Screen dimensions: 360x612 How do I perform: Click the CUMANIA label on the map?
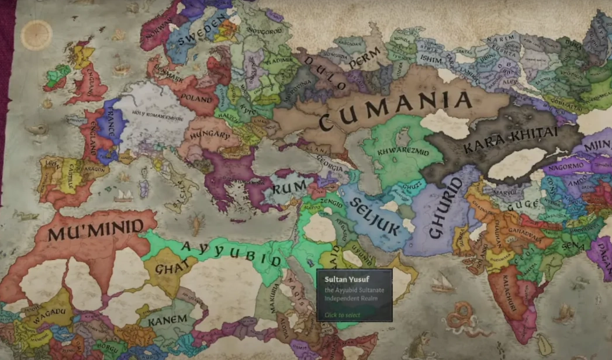(x=395, y=108)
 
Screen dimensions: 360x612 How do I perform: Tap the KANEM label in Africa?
(x=167, y=319)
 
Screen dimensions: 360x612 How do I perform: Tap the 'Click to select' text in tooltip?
(x=343, y=314)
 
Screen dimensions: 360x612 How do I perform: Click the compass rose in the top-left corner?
(x=36, y=34)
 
